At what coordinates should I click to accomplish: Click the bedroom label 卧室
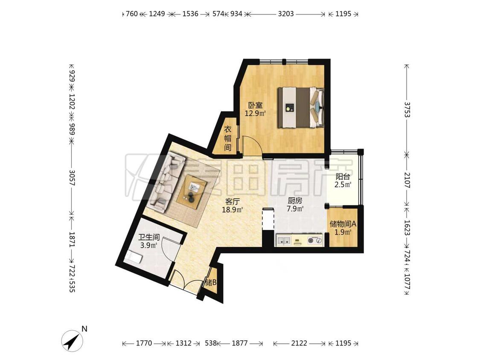(x=255, y=105)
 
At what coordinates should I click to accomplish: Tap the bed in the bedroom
(x=301, y=107)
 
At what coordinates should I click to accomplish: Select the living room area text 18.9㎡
(x=233, y=210)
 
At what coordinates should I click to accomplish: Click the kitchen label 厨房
(x=295, y=201)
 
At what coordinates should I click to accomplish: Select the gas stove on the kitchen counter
(x=315, y=240)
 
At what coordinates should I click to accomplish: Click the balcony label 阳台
(x=343, y=177)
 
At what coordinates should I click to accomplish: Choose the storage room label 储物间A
(x=343, y=224)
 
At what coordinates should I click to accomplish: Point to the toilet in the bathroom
(x=133, y=256)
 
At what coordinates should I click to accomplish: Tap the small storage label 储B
(x=211, y=282)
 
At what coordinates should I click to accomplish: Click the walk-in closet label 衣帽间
(x=228, y=138)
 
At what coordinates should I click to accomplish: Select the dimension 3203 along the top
(x=286, y=14)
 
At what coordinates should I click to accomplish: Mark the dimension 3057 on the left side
(x=72, y=178)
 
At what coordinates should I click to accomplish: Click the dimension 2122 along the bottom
(x=299, y=343)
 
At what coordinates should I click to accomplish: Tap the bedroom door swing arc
(x=255, y=142)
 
